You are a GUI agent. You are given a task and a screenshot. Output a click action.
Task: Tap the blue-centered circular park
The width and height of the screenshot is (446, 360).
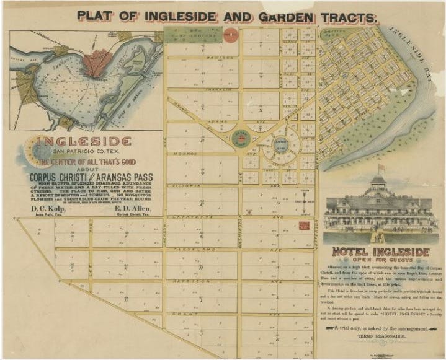[282, 148]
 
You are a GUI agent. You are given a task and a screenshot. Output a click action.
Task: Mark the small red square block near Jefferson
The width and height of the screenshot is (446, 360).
[304, 226]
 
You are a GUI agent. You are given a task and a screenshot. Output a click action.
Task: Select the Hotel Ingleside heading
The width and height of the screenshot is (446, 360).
[381, 253]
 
